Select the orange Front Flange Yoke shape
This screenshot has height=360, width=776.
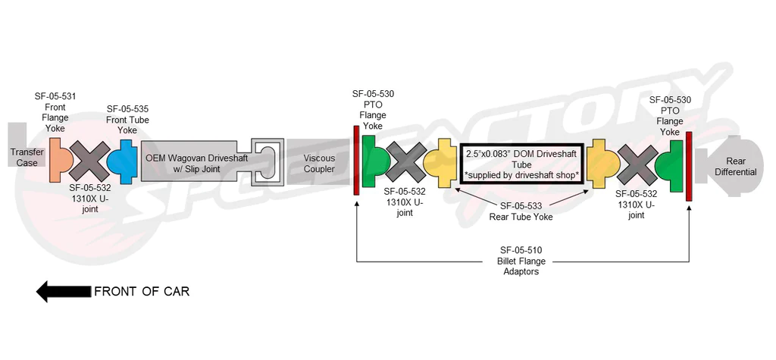60,158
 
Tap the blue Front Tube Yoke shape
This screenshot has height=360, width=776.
120,159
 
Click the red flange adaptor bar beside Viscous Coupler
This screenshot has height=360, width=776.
355,161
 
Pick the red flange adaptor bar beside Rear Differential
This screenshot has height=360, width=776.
689,167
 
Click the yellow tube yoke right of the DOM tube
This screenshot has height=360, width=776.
602,164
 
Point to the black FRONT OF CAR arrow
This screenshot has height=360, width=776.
63,291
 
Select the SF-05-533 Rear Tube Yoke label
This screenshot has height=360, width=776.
521,211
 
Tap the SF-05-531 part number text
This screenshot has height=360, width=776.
55,97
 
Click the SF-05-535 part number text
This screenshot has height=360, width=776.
128,109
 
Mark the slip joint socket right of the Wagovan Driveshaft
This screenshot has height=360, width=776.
268,161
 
